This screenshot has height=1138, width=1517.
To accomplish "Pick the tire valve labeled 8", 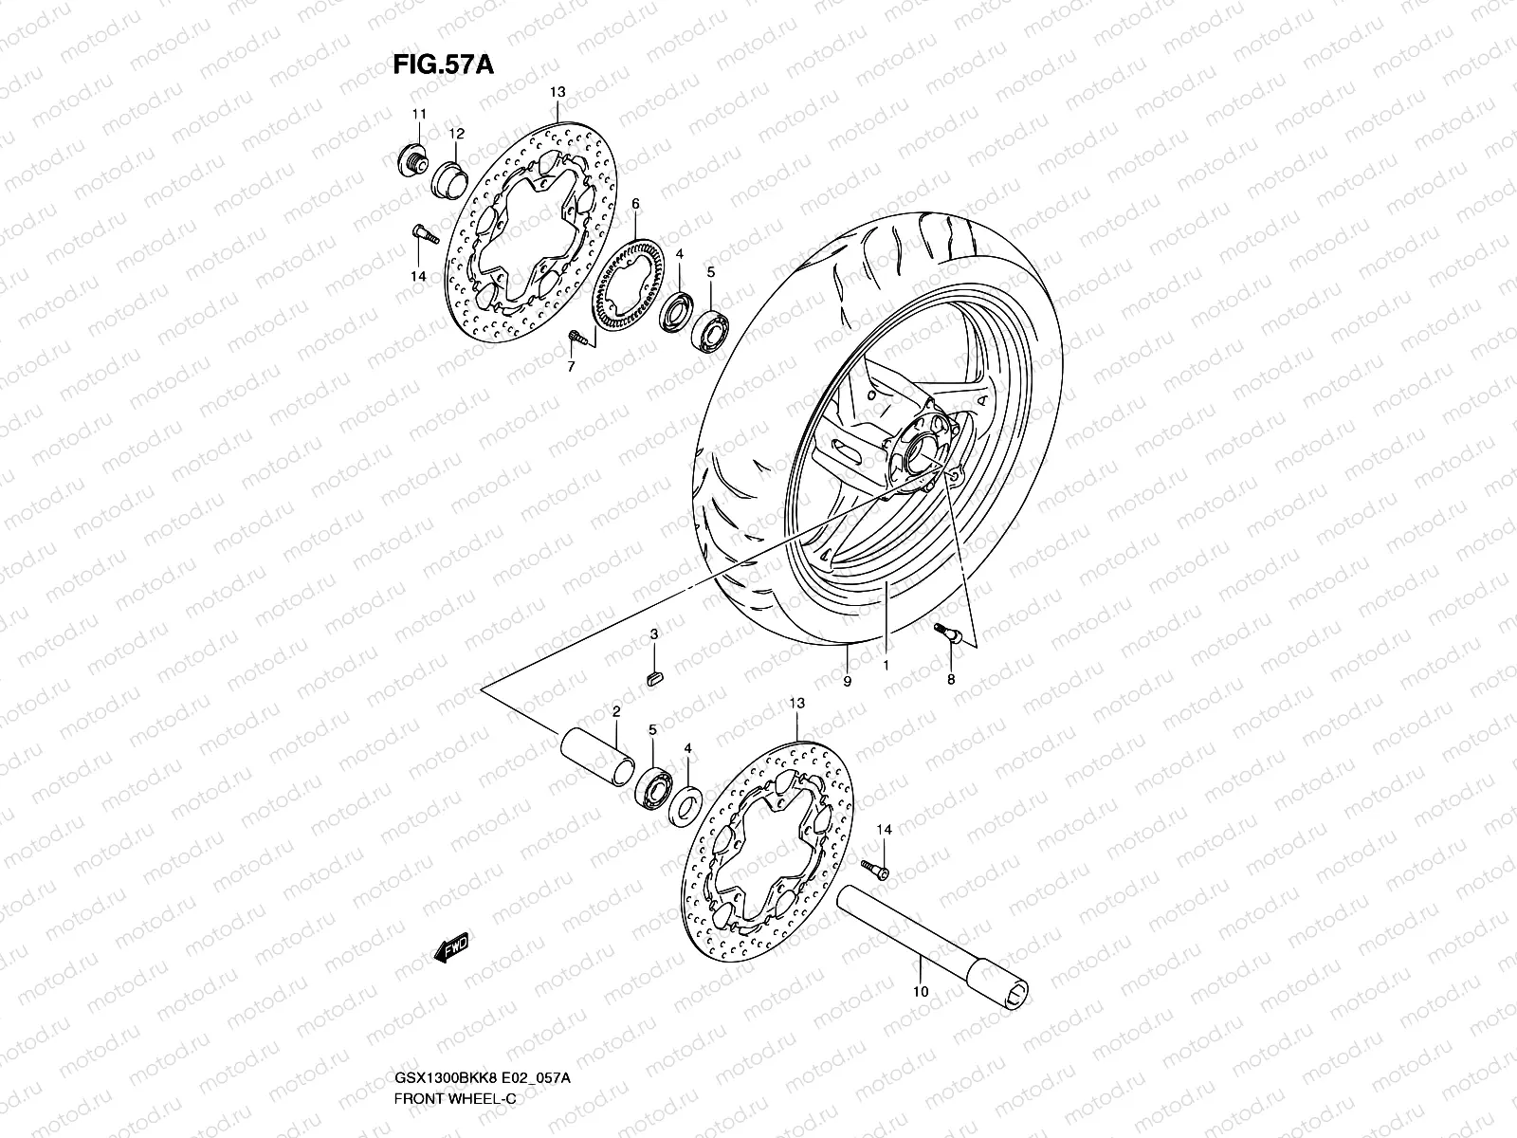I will tap(948, 632).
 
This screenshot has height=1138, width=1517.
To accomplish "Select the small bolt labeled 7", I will tap(576, 334).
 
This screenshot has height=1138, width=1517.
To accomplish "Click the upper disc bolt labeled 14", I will tap(421, 230).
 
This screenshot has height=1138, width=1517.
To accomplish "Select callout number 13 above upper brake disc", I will tap(557, 92).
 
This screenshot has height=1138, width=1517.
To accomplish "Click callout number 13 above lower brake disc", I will tap(796, 704).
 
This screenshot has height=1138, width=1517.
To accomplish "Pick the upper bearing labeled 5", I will tap(710, 327).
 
